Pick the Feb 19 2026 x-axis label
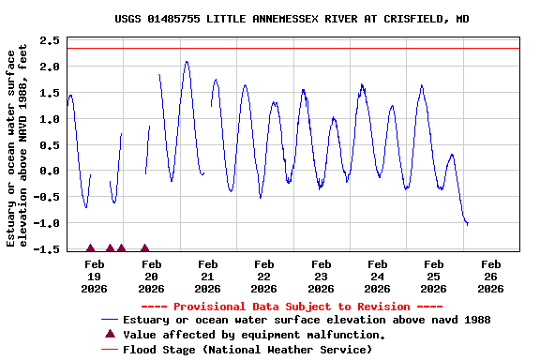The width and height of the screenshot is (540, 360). [x=94, y=277]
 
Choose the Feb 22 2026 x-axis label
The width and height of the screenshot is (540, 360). [x=263, y=277]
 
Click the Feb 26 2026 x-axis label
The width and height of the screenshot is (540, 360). [x=490, y=277]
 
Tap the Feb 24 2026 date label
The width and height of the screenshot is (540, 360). [x=377, y=277]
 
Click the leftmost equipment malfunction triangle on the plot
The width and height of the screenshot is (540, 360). [x=90, y=248]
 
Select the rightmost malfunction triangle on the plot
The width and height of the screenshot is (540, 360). [x=144, y=248]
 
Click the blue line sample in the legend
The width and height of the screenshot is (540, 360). [x=110, y=320]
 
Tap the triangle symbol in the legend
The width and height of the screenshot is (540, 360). [x=110, y=334]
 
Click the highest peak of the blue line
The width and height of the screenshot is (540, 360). [x=187, y=62]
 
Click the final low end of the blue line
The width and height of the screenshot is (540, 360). [x=467, y=224]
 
